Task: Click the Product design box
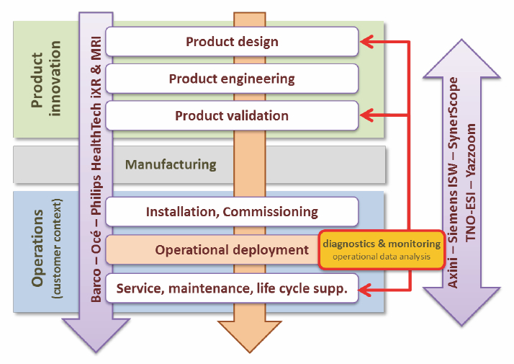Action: tap(232, 42)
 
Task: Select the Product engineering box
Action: tap(232, 79)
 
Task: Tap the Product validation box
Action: tap(232, 116)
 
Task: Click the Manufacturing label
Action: tap(171, 164)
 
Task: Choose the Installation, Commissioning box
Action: tap(232, 212)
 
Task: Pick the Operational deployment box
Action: tap(209, 249)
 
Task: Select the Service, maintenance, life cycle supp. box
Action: tap(232, 288)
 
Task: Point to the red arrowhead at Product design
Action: tap(366, 42)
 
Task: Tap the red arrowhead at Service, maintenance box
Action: tap(366, 290)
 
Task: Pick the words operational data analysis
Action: tap(382, 257)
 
